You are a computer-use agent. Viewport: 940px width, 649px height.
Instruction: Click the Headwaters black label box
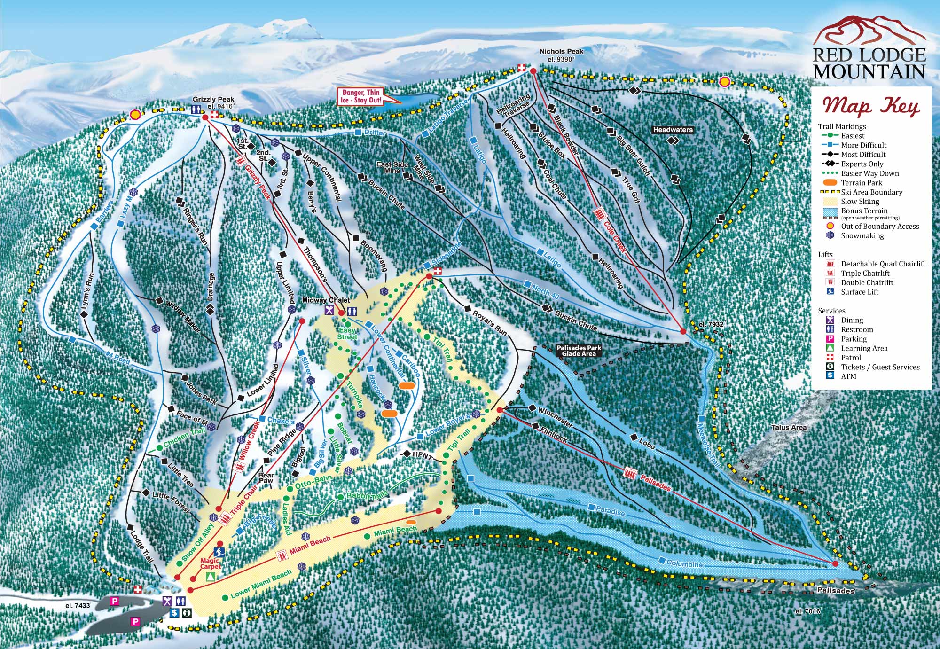click(x=673, y=129)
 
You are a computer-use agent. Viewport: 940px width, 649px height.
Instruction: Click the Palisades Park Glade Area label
click(x=579, y=351)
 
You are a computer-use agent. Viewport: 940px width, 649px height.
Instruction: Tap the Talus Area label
click(x=789, y=427)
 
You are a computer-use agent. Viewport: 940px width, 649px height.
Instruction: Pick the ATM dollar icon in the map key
click(x=830, y=376)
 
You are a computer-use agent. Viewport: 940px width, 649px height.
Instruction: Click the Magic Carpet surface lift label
click(x=210, y=563)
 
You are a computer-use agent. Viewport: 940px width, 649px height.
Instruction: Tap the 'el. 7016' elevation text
click(x=808, y=611)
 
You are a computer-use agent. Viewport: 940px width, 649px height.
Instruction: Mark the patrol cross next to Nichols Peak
click(x=521, y=69)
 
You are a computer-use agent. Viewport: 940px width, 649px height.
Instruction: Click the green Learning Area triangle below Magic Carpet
click(x=211, y=577)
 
